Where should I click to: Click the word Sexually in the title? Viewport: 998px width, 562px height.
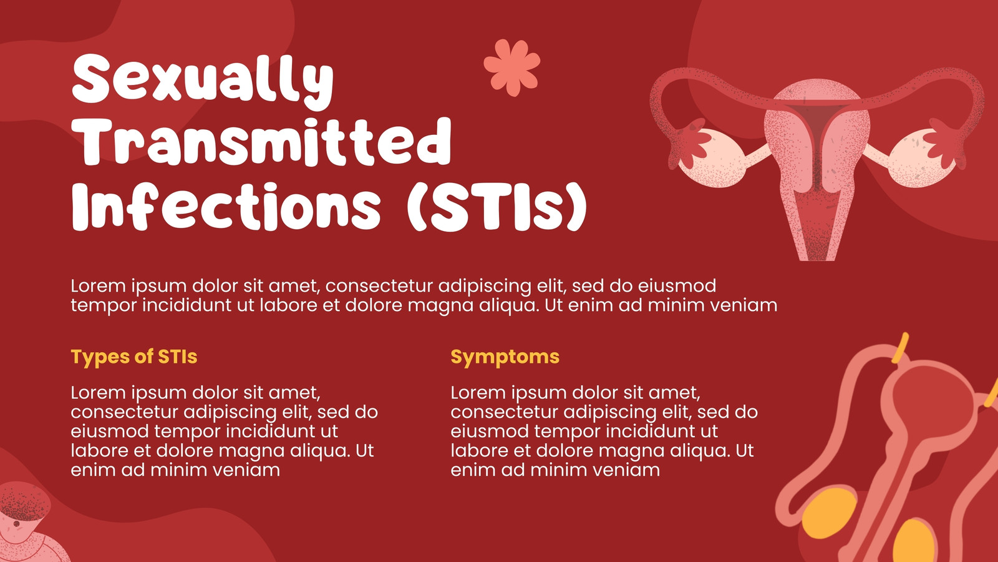(x=203, y=81)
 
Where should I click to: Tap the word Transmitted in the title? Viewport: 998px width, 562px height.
(x=261, y=142)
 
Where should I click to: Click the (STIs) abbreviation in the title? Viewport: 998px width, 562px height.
(x=497, y=207)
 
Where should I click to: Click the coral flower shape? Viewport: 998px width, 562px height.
(x=512, y=67)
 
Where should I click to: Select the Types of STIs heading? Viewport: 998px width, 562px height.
(x=134, y=357)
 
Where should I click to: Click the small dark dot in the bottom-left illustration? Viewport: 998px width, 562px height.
(x=16, y=523)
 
